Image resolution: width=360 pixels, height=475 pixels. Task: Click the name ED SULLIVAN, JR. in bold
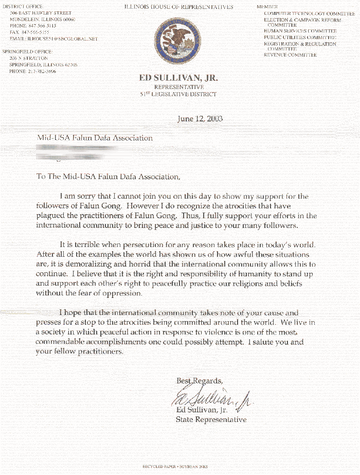(x=178, y=78)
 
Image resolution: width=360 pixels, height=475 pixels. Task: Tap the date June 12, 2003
(x=200, y=119)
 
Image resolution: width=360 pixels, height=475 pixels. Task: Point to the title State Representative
(x=211, y=419)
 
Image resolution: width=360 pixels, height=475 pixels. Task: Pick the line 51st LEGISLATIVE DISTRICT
(x=178, y=94)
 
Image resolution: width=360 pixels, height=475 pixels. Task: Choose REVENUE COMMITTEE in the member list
(x=290, y=55)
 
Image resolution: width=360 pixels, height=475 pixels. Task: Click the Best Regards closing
(x=200, y=381)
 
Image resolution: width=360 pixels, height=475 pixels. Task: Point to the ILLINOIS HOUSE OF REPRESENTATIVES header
(x=178, y=7)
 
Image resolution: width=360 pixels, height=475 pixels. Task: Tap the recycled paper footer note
(x=175, y=466)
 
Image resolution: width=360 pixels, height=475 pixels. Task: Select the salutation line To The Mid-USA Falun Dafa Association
(x=109, y=177)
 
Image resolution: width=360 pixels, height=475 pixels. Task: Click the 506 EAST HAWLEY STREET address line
(x=41, y=13)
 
